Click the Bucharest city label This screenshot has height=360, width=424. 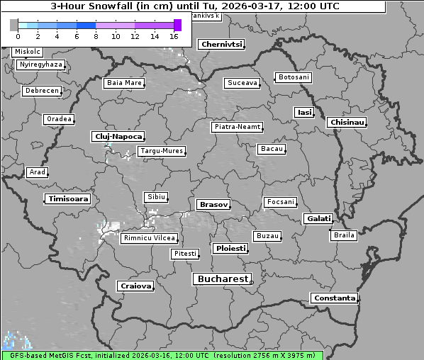(x=222, y=279)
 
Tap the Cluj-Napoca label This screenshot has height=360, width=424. (x=118, y=136)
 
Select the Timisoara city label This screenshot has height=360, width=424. (x=68, y=199)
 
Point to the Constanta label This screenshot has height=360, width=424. (x=334, y=298)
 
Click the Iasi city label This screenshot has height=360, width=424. (x=304, y=112)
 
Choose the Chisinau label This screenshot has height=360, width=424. (x=347, y=123)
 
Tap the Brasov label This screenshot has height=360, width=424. (x=213, y=205)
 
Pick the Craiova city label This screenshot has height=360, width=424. (x=135, y=286)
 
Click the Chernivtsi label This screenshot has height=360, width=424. (x=221, y=45)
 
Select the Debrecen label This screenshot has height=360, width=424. (x=40, y=91)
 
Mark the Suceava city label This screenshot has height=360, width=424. (x=242, y=83)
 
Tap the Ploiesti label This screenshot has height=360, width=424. (x=230, y=249)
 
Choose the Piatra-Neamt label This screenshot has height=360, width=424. (x=237, y=127)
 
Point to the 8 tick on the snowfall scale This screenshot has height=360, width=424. (x=96, y=35)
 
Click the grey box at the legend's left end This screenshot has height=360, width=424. (x=14, y=25)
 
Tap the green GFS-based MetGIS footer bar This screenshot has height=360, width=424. (x=162, y=355)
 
